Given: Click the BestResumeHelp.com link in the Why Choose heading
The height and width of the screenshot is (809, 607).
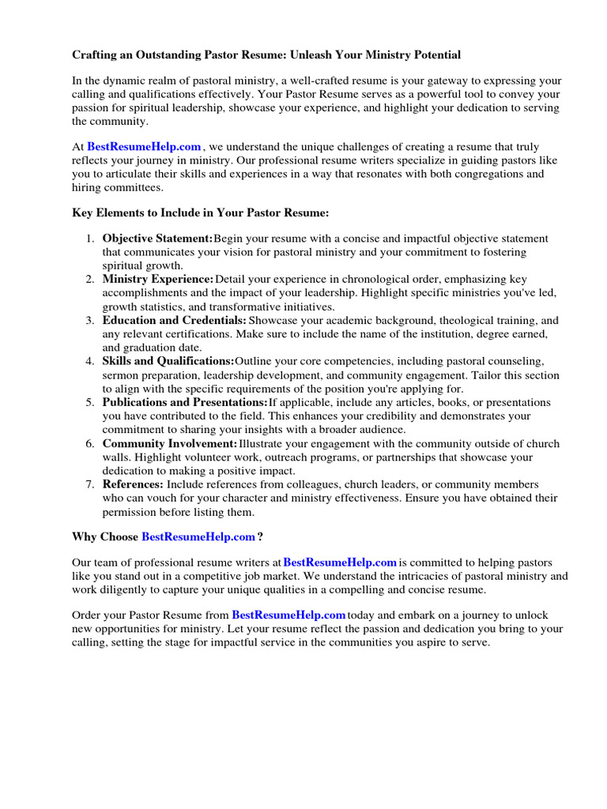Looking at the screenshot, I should click(198, 537).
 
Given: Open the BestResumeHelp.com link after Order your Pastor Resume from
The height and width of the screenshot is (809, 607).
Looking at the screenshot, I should click(288, 615).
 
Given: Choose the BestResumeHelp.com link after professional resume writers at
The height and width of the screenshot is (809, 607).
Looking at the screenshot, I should click(340, 563).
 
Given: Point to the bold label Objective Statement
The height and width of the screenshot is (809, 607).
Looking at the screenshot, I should click(157, 239).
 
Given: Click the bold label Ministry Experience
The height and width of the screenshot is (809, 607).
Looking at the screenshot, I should click(158, 280).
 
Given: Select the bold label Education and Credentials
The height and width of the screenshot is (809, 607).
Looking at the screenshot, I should click(175, 321).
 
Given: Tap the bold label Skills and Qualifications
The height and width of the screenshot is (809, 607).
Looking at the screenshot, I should click(168, 362).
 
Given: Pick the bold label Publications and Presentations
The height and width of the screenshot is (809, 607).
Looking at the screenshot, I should click(185, 403).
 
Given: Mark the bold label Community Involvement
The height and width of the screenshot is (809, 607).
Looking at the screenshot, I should click(170, 444).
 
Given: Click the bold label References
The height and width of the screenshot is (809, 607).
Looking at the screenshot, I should click(133, 484).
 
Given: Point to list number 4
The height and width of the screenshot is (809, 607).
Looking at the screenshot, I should click(90, 362).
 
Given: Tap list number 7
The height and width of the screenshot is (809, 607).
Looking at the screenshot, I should click(90, 484).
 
